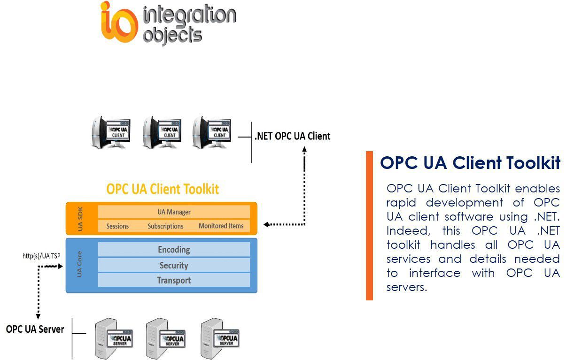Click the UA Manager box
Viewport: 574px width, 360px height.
[174, 212]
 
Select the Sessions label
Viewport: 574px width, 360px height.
[117, 226]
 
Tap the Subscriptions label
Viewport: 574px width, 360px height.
[165, 226]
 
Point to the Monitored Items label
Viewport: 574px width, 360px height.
[221, 226]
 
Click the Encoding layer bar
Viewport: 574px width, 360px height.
[174, 250]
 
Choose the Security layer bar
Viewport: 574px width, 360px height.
[174, 265]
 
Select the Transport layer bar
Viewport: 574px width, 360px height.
[174, 280]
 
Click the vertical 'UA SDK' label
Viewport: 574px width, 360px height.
[79, 219]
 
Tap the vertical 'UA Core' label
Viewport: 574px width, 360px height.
[79, 266]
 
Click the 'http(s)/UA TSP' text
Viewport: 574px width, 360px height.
[41, 256]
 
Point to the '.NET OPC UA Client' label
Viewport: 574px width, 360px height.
[292, 136]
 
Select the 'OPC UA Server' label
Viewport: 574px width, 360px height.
[35, 329]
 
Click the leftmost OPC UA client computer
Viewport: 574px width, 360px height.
[111, 132]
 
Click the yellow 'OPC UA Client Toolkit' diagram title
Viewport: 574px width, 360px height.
[163, 189]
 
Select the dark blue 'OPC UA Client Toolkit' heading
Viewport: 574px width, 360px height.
[470, 163]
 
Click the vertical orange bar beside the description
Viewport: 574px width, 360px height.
[369, 225]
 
